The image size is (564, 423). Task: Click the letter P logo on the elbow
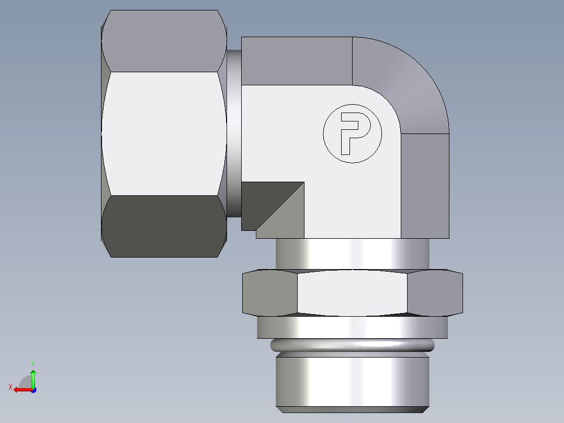pyautogui.click(x=352, y=134)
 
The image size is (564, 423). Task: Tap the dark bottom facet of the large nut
pyautogui.click(x=164, y=226)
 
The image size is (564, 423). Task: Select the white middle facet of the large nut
pyautogui.click(x=164, y=133)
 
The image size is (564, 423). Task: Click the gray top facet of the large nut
pyautogui.click(x=164, y=41)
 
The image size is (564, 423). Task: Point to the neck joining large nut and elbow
pyautogui.click(x=234, y=133)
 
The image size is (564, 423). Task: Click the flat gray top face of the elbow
pyautogui.click(x=296, y=61)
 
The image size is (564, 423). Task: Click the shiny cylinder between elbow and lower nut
pyautogui.click(x=352, y=254)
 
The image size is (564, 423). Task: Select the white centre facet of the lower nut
pyautogui.click(x=352, y=293)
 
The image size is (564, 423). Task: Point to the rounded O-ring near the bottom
pyautogui.click(x=352, y=345)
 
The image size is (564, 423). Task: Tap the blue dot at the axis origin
pyautogui.click(x=33, y=389)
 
